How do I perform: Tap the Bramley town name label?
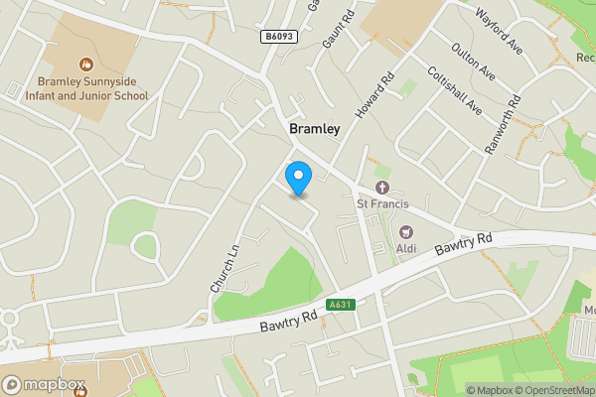(314, 129)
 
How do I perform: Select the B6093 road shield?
(278, 37)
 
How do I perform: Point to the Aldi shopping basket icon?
(405, 230)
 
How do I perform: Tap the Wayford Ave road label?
(499, 31)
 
